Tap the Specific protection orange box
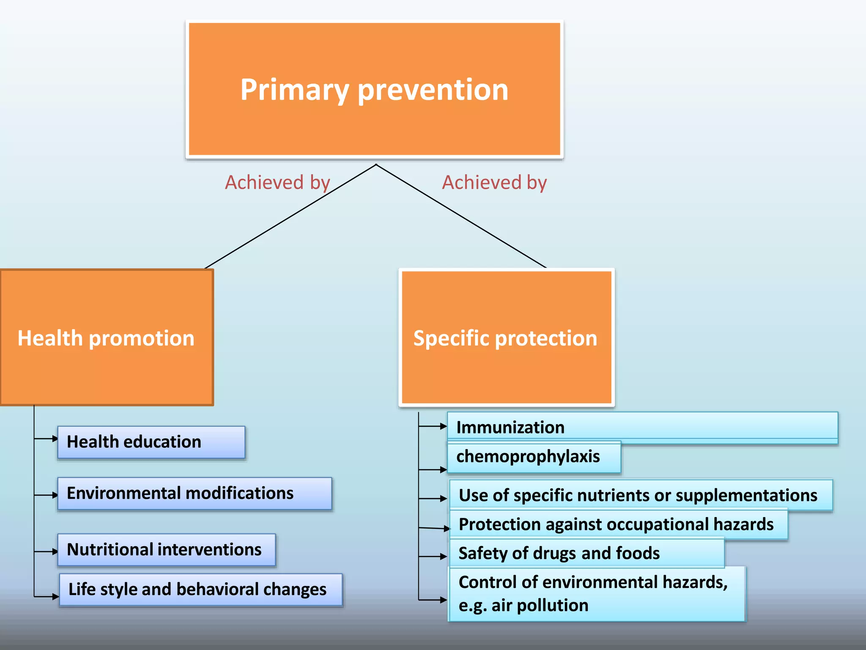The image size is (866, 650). pos(506,338)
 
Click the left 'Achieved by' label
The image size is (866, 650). pos(277,182)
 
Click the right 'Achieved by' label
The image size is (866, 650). pos(494,182)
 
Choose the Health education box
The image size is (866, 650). pos(151,442)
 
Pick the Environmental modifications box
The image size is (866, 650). pos(194,493)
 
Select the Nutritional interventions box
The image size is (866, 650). pos(166,550)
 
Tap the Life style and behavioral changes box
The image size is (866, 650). pos(200,589)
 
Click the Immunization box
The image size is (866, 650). pos(642,427)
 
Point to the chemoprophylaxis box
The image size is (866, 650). pos(534,457)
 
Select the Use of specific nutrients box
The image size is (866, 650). pos(640,495)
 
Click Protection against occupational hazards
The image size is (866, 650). pos(617,524)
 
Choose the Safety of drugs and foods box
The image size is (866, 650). pos(586,553)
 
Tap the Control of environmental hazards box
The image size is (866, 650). pos(596,593)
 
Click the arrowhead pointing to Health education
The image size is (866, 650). pos(55,439)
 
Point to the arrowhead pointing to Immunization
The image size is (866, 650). pos(444,426)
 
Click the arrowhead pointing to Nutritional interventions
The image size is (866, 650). pos(55,551)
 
